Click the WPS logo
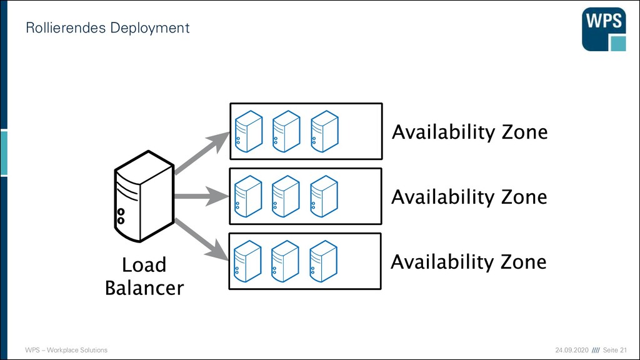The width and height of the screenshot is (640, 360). pyautogui.click(x=604, y=29)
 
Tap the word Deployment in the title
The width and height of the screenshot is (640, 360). pyautogui.click(x=150, y=28)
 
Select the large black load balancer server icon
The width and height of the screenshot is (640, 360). pyautogui.click(x=144, y=196)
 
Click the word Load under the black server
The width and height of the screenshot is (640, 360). pyautogui.click(x=144, y=265)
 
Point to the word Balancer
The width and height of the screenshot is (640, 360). pyautogui.click(x=144, y=287)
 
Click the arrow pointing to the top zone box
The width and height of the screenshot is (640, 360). pyautogui.click(x=202, y=152)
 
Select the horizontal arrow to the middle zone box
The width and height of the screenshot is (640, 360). pyautogui.click(x=202, y=196)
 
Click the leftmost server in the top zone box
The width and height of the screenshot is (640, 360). pyautogui.click(x=249, y=131)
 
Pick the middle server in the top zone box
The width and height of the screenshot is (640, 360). pyautogui.click(x=286, y=131)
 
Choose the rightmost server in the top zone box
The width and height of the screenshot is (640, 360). pyautogui.click(x=324, y=131)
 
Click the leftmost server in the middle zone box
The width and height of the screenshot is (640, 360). pyautogui.click(x=248, y=196)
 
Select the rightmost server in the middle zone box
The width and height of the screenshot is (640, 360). pyautogui.click(x=324, y=196)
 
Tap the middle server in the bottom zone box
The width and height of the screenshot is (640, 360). pyautogui.click(x=285, y=261)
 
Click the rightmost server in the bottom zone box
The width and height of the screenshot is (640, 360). pyautogui.click(x=323, y=261)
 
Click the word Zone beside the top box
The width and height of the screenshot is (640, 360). pyautogui.click(x=524, y=132)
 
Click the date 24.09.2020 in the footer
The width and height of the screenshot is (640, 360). pyautogui.click(x=572, y=350)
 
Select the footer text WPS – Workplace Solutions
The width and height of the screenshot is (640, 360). pyautogui.click(x=66, y=350)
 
